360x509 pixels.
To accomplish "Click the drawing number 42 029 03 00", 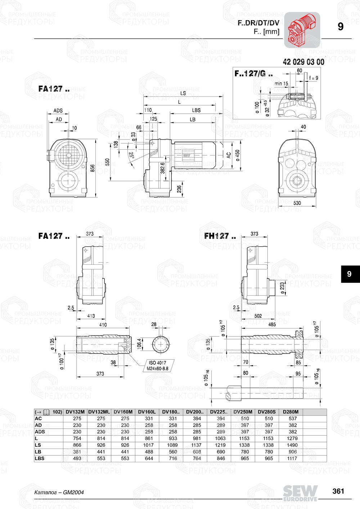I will pos(303,62).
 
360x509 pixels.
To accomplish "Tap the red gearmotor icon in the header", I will pos(302,30).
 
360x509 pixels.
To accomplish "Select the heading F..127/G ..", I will pos(253,74).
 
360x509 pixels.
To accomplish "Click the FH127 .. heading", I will pos(220,236).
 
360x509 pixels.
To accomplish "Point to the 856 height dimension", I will pos(93,168).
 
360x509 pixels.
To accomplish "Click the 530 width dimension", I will pos(297,203).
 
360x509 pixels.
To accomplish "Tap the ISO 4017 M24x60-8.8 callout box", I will pos(157,365).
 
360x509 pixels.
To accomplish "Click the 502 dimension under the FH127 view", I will pos(258,316).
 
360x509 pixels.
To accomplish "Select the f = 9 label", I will pos(314,78).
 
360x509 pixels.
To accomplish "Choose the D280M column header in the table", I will pos(291,412).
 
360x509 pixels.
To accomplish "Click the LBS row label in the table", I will pos(40,458).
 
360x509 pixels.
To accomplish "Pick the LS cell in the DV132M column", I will pos(77,445).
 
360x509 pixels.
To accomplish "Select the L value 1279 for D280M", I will pos(292,438).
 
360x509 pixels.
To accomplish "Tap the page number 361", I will pos(338,491).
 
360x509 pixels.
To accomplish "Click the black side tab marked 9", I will pos(349,274).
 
